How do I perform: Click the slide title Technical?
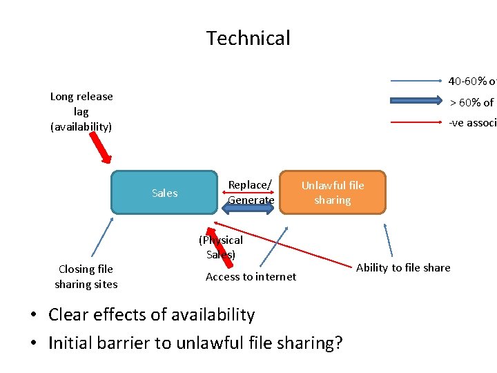coord(248,38)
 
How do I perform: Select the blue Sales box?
coord(164,193)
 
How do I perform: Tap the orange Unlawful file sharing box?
coord(333,193)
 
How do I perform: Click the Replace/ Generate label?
coord(251,193)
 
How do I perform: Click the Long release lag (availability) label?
coord(81,111)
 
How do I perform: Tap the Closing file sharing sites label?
coord(86,276)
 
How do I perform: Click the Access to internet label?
coord(251,277)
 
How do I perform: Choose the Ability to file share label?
coord(403,268)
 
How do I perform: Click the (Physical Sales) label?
coord(221,247)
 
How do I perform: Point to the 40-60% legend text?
coord(472,81)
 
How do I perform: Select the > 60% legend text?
coord(472,102)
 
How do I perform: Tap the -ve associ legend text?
coord(472,123)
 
